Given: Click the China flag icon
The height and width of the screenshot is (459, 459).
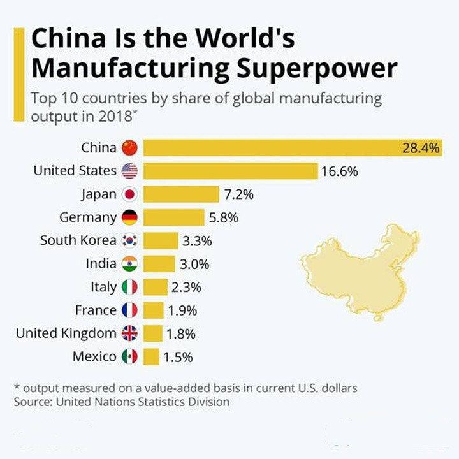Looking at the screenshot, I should [x=129, y=148].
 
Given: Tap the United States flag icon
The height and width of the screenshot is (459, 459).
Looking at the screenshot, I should [x=129, y=171].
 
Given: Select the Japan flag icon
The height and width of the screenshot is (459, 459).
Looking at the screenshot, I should [x=129, y=194].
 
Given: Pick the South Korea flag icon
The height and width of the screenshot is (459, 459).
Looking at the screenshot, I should [x=129, y=240].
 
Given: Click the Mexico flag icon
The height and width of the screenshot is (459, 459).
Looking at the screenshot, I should [x=129, y=356].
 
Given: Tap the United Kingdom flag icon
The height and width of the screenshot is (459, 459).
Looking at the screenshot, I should [x=129, y=333].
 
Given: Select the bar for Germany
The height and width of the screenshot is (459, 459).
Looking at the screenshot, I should [x=173, y=217].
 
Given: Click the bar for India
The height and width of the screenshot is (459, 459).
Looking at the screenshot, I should [x=159, y=264].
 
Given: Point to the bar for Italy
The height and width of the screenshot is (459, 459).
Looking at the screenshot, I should [x=156, y=287].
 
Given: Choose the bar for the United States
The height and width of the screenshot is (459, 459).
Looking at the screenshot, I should [x=230, y=171].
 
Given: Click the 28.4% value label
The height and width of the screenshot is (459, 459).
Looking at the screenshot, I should [x=421, y=148].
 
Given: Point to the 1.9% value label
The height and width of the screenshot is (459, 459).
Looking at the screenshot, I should [x=182, y=310].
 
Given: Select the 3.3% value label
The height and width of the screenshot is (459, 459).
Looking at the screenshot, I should [x=197, y=241].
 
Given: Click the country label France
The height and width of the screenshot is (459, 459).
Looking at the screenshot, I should [x=96, y=310].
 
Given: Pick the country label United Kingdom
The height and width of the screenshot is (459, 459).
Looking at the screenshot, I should [x=66, y=333].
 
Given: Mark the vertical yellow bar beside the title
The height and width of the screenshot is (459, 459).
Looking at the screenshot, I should [x=19, y=73].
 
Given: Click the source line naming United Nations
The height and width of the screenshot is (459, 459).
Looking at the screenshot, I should [x=121, y=402].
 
